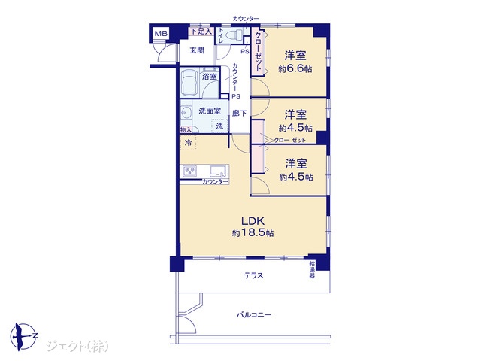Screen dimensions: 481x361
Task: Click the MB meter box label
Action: pyautogui.click(x=161, y=33)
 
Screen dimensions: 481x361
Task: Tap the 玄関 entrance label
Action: pyautogui.click(x=197, y=50)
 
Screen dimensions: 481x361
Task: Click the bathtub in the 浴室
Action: pyautogui.click(x=189, y=83)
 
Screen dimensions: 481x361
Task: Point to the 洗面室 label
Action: pyautogui.click(x=210, y=111)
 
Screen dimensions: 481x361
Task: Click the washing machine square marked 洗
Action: pyautogui.click(x=219, y=126)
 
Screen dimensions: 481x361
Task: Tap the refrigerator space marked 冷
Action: pyautogui.click(x=189, y=142)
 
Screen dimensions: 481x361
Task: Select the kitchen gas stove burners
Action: pyautogui.click(x=190, y=171)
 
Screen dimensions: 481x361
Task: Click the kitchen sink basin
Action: pyautogui.click(x=218, y=171)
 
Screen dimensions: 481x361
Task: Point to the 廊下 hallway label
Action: pyautogui.click(x=239, y=114)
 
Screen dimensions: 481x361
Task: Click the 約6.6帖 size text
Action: pyautogui.click(x=295, y=68)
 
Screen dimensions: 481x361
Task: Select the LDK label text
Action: pyautogui.click(x=253, y=220)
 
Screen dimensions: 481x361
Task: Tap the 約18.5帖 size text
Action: pyautogui.click(x=253, y=233)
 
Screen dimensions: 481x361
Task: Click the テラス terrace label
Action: pyautogui.click(x=254, y=275)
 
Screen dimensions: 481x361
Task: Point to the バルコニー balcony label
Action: pyautogui.click(x=254, y=315)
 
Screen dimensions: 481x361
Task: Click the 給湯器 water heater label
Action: pyautogui.click(x=312, y=269)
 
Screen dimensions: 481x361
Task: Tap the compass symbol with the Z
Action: pyautogui.click(x=23, y=337)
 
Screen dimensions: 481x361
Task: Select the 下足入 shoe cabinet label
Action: pyautogui.click(x=201, y=32)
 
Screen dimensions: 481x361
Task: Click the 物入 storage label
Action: pyautogui.click(x=186, y=130)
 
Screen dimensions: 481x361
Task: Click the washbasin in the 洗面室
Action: pyautogui.click(x=186, y=113)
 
